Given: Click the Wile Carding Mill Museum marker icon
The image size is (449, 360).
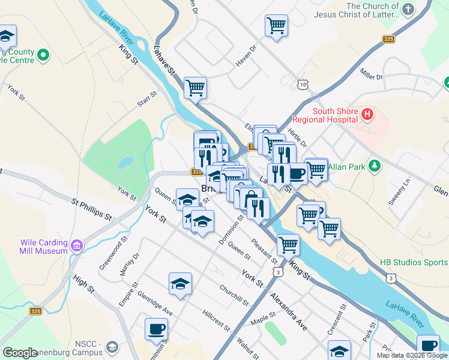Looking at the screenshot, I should [x=76, y=246].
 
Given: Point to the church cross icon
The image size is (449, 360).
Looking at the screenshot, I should [x=408, y=9].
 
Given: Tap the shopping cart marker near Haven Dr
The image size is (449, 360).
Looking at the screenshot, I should [x=276, y=26].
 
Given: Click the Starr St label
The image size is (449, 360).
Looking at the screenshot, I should [x=146, y=99].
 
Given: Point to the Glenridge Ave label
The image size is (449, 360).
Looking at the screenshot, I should [x=155, y=304].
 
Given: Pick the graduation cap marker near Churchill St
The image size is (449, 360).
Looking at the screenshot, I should [x=180, y=284].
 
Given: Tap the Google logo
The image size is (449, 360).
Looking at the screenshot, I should [x=20, y=353].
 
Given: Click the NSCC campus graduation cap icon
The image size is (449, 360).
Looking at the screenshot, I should [x=112, y=347].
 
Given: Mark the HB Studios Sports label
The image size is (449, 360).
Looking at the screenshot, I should [x=414, y=263].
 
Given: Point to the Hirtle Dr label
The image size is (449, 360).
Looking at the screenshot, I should [x=297, y=137].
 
